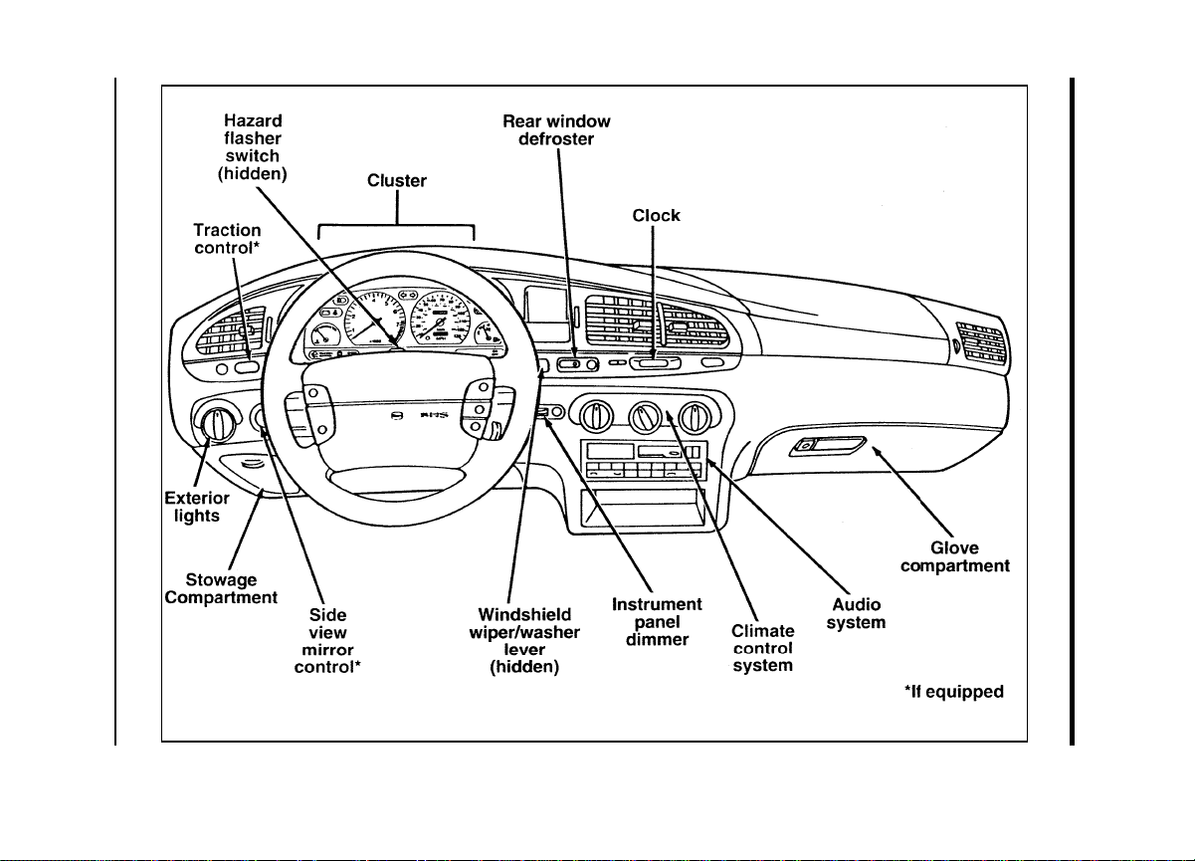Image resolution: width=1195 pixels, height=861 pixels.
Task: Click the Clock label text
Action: click(656, 216)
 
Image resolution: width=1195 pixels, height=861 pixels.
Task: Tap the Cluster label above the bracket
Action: click(396, 180)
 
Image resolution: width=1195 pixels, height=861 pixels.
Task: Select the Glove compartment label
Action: click(955, 556)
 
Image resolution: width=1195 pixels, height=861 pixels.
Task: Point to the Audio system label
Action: click(857, 613)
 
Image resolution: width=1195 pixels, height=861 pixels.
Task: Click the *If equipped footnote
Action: click(954, 692)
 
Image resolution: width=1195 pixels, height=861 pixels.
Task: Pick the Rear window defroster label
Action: click(556, 130)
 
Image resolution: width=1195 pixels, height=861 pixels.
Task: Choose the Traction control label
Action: click(227, 239)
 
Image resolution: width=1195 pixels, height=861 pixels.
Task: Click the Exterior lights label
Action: click(197, 507)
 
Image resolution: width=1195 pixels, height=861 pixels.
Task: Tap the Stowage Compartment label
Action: click(221, 588)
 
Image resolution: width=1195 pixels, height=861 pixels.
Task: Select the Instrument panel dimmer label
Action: click(657, 622)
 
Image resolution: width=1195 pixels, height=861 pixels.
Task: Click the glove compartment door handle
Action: click(828, 446)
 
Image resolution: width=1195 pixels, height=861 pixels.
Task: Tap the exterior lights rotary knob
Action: click(217, 425)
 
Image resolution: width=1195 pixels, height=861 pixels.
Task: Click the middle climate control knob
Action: click(645, 417)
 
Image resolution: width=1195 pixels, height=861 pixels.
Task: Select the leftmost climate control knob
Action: click(595, 416)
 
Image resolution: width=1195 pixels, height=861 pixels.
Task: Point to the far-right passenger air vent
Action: click(980, 342)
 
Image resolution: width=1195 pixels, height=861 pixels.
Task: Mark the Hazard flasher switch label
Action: click(253, 147)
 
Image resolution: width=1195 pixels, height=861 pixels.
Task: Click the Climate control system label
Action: click(762, 649)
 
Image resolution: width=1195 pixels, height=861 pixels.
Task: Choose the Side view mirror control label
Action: click(327, 641)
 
